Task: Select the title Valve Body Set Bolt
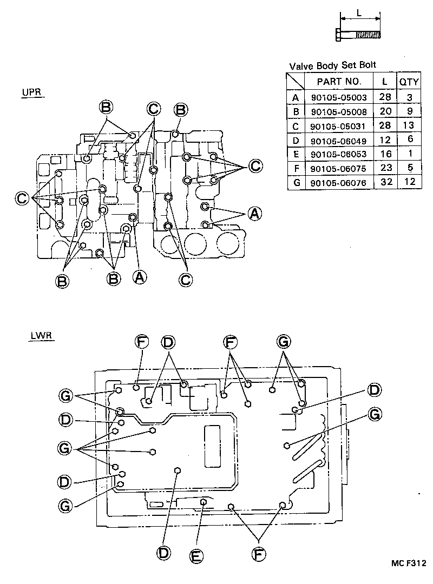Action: coord(332,65)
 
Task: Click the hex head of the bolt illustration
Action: coord(339,34)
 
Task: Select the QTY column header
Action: coord(409,82)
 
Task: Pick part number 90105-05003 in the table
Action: coord(339,98)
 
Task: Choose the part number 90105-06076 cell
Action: coord(339,182)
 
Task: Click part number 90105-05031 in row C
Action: coord(339,126)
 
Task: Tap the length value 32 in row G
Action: coord(386,182)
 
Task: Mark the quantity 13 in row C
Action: coord(409,126)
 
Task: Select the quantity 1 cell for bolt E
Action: coord(409,154)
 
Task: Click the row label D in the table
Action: coord(295,140)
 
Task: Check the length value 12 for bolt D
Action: coord(386,140)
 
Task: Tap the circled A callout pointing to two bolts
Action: coord(254,214)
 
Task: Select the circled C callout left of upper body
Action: coord(22,198)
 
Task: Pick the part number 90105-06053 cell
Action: coord(339,154)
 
